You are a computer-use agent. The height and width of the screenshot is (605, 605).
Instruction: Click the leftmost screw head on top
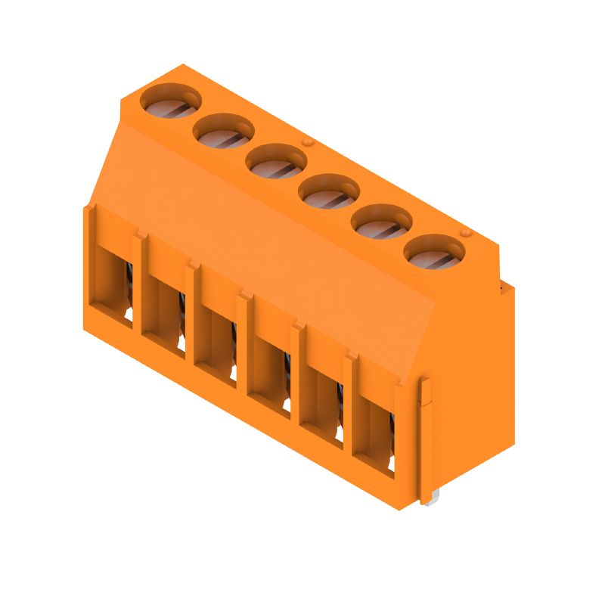171,102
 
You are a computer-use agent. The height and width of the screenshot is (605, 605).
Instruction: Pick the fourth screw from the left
329,192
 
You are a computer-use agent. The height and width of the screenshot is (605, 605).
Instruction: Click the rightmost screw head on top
434,252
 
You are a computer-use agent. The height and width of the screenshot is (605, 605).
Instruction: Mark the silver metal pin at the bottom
430,500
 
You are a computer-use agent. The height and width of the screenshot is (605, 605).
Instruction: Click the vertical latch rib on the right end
426,439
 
